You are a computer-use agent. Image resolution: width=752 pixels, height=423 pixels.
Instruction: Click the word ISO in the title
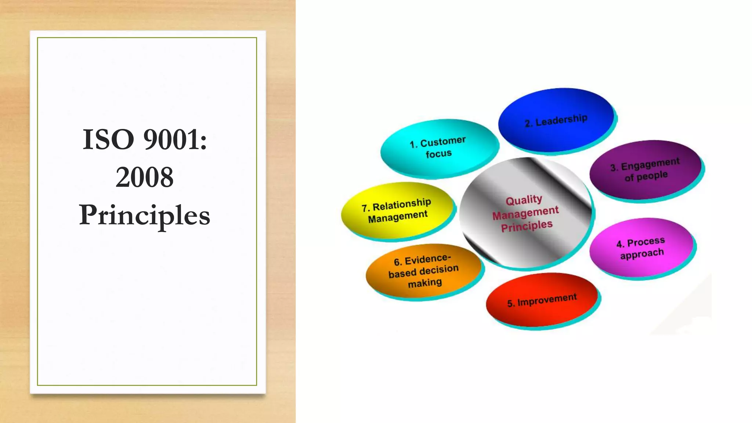coord(108,140)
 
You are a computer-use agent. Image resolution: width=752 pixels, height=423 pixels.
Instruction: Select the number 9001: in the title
coord(175,140)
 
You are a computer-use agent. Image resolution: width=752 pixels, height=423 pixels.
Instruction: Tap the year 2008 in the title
coord(144,177)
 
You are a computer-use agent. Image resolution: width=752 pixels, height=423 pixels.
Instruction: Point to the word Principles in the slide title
coord(144,216)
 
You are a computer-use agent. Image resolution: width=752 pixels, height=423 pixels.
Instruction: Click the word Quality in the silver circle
coord(524,200)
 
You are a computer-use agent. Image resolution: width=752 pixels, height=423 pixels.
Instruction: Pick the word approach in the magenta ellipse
coord(642,254)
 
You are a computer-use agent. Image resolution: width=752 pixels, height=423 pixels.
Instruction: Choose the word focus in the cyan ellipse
coord(438,153)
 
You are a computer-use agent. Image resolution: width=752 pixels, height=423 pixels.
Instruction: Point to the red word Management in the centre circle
coord(525,213)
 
